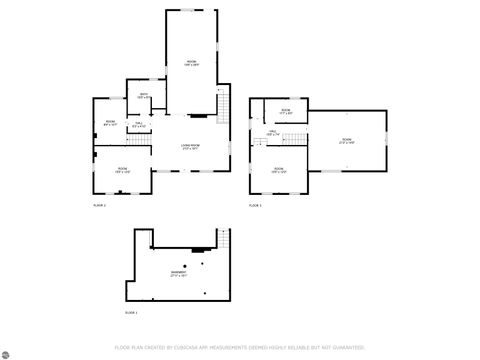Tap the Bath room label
pos(144,96)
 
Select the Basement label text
pos(178,273)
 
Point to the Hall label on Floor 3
pos(272,133)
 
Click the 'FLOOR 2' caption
pos(98,204)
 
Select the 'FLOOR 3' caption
pos(254,204)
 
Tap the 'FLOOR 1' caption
pos(131,313)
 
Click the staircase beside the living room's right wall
pos(225,105)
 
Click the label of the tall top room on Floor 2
pos(190,63)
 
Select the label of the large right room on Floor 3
pos(346,141)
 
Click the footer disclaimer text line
pos(240,347)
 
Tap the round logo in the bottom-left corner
pos(8,351)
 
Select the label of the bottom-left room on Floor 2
pos(122,169)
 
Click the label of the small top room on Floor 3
pos(285,111)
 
